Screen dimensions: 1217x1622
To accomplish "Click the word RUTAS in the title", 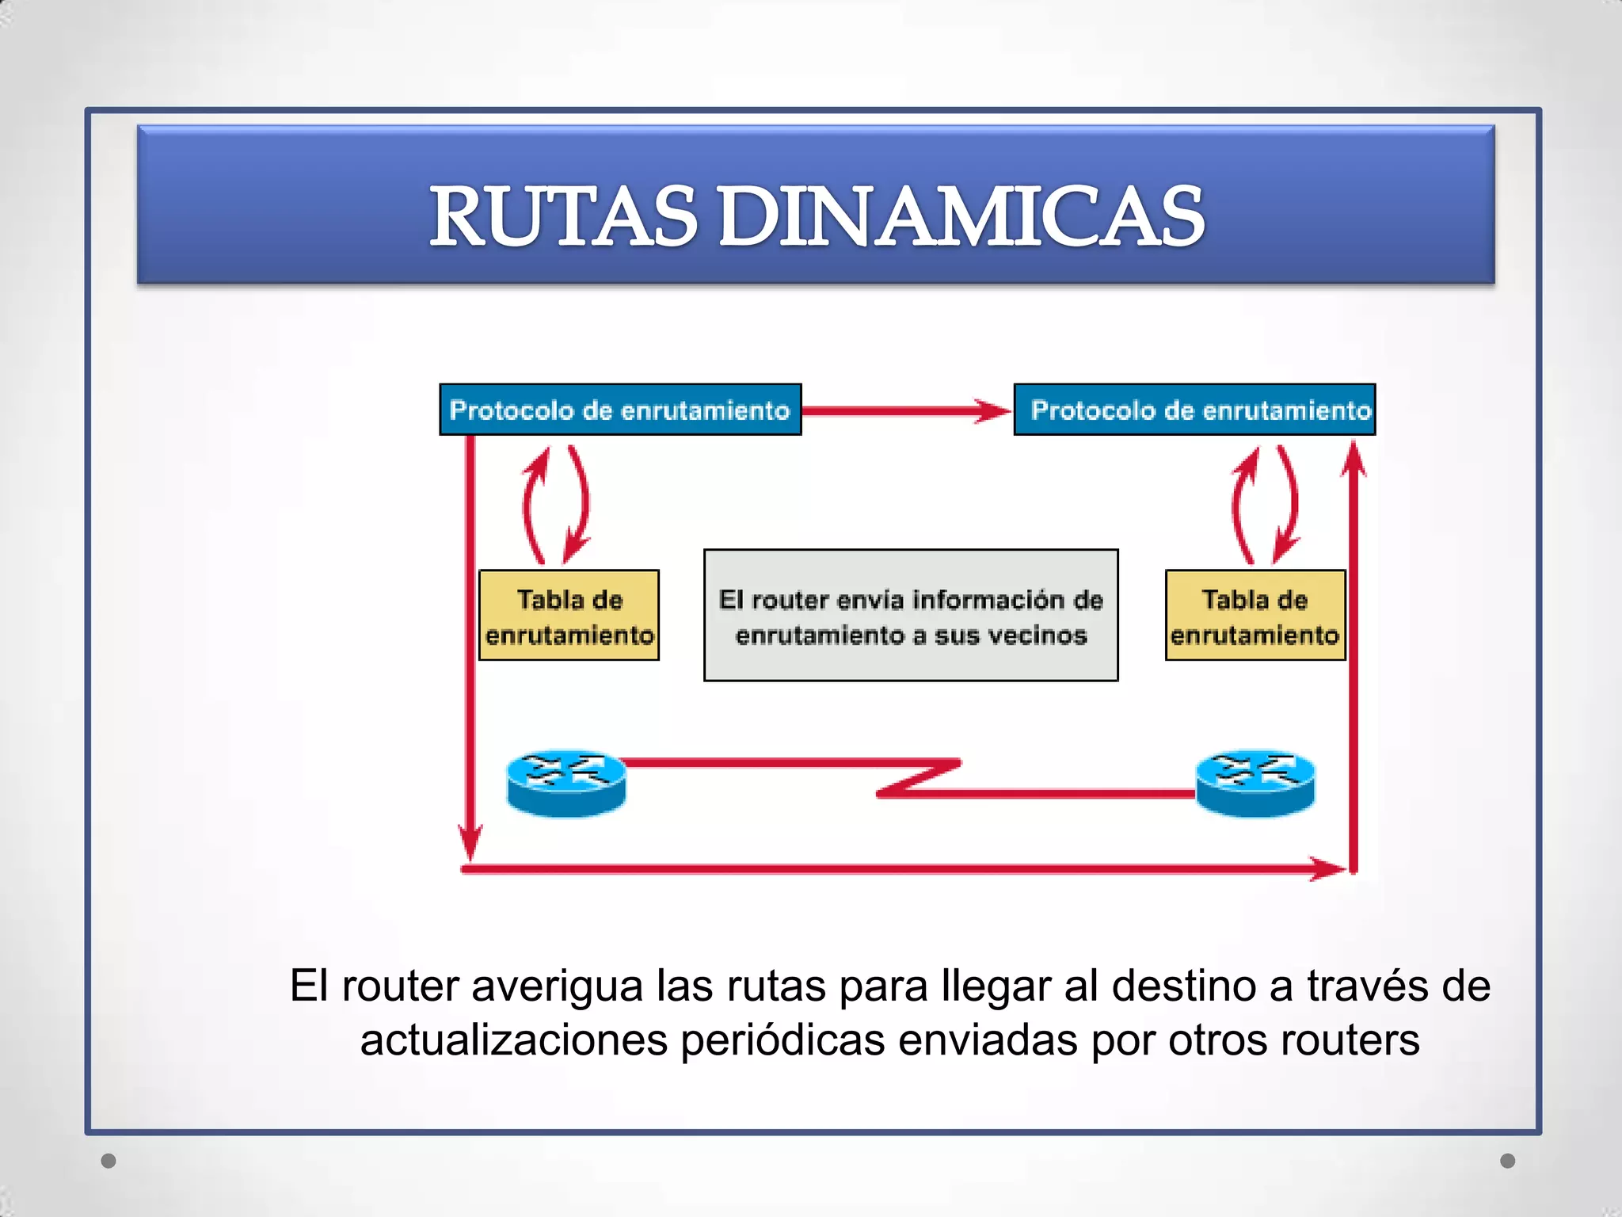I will (x=563, y=216).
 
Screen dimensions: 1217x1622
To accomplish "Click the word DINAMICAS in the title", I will (x=961, y=216).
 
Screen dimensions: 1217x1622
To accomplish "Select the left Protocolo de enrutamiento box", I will (x=620, y=410).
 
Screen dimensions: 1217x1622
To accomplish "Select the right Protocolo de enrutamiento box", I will (x=1194, y=410).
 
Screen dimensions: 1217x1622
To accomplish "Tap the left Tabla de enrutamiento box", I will (x=569, y=616).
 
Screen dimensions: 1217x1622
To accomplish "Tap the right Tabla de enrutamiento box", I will (x=1255, y=616).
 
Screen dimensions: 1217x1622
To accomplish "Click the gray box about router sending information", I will (x=911, y=616).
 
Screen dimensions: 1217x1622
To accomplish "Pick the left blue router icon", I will (x=565, y=782).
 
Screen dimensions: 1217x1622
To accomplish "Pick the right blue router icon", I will (x=1255, y=782).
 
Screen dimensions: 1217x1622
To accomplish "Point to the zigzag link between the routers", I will (x=919, y=778).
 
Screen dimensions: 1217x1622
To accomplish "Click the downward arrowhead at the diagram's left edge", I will (x=470, y=843).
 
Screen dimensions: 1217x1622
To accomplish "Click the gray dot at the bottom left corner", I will (x=109, y=1161).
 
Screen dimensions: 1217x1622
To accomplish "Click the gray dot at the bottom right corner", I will (x=1508, y=1161).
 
